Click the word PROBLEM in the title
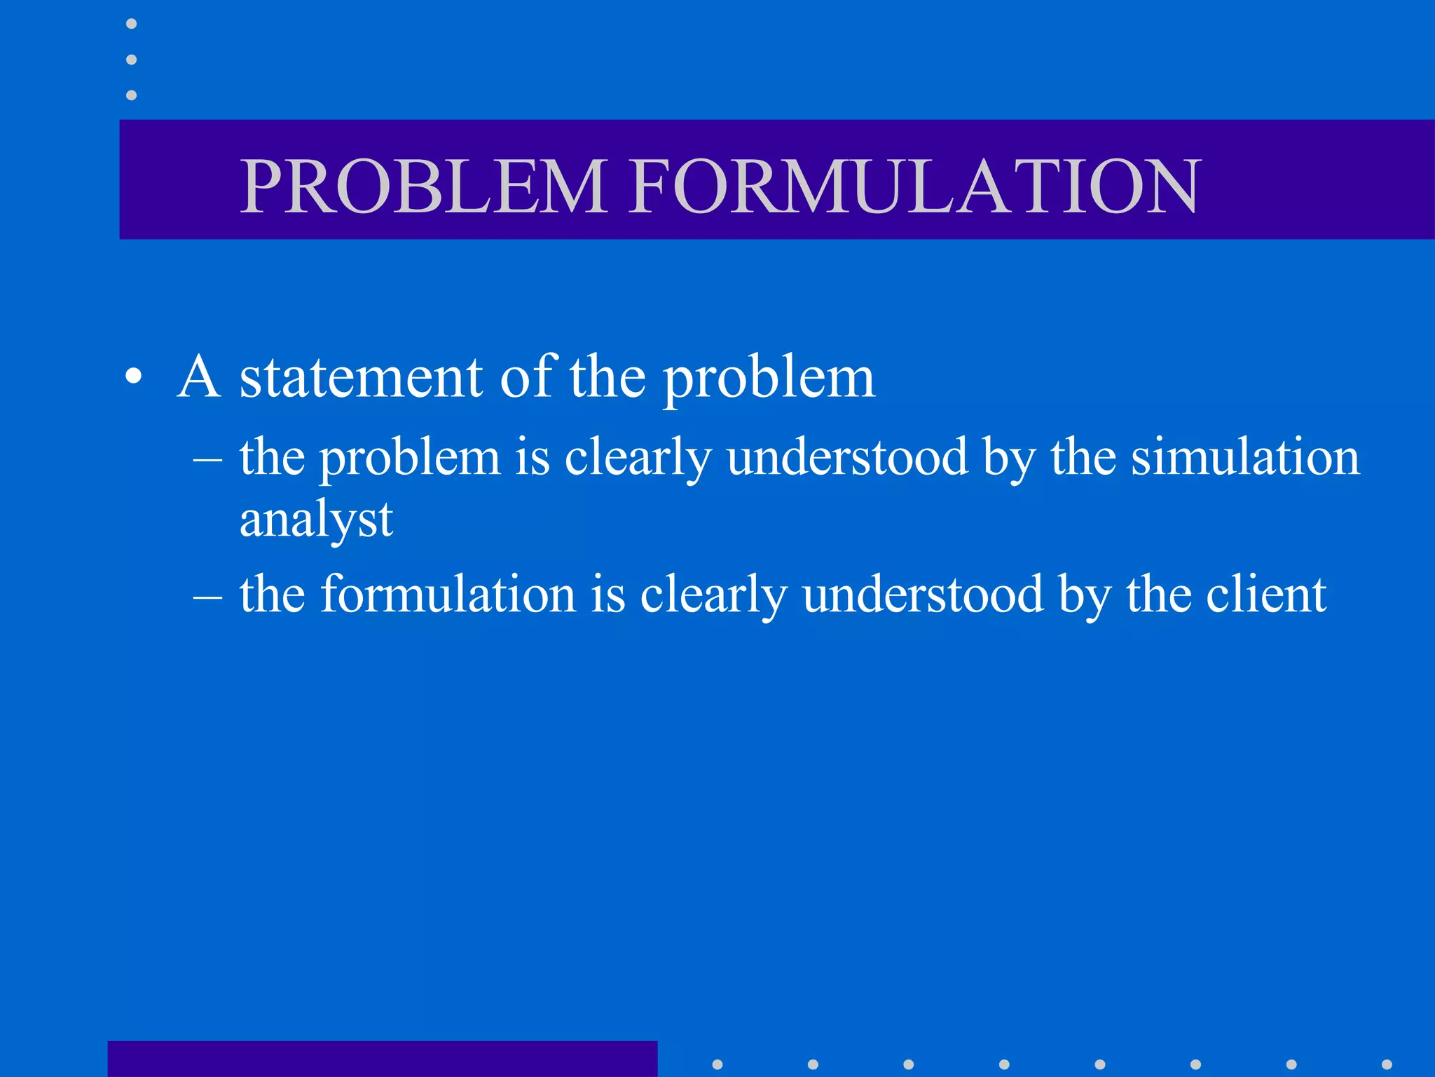(x=423, y=186)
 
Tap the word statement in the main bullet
(x=361, y=379)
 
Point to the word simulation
(x=1245, y=457)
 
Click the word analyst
(x=316, y=520)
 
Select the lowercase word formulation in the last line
(x=448, y=595)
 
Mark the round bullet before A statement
(x=133, y=379)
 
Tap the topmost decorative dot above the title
(x=131, y=24)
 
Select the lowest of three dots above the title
(x=131, y=95)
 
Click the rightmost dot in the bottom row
(x=1387, y=1064)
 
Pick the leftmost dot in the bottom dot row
(x=717, y=1064)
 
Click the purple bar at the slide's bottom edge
(x=382, y=1059)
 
